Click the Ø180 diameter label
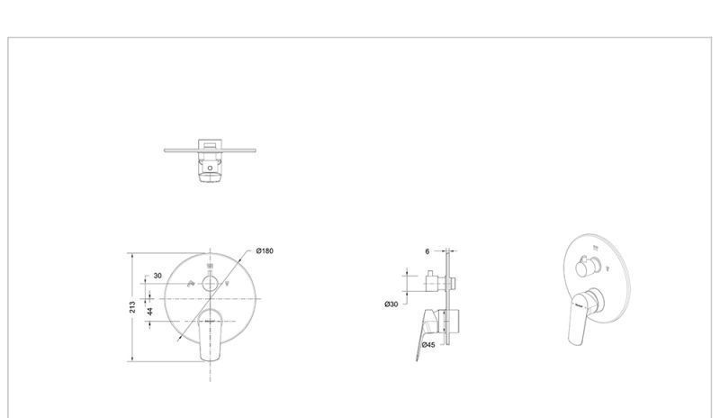click(x=265, y=250)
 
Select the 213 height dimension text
click(x=132, y=307)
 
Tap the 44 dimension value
click(x=149, y=312)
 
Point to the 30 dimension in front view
click(x=157, y=276)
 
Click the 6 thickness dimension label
click(x=427, y=251)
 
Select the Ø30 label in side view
click(x=391, y=304)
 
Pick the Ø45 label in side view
click(x=428, y=344)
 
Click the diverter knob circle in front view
click(x=211, y=284)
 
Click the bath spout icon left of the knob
click(x=192, y=284)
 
